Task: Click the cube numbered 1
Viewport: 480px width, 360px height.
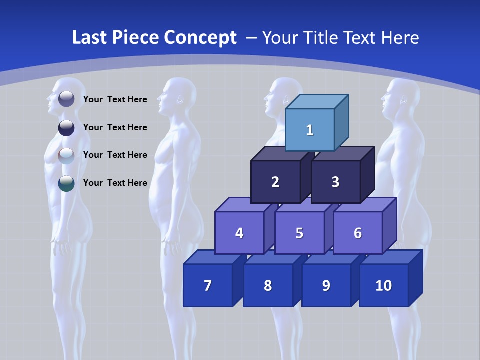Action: point(310,130)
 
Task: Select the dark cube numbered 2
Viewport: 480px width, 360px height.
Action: point(275,182)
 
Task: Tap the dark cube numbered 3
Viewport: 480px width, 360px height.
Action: point(335,182)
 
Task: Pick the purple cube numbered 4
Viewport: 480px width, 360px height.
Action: point(239,233)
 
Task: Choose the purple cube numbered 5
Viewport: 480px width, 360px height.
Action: point(299,233)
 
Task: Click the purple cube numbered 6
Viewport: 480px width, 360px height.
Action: point(358,233)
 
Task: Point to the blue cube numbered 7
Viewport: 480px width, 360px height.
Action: point(208,285)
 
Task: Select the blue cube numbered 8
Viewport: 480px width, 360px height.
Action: point(268,285)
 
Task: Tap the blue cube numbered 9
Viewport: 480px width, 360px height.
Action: point(326,285)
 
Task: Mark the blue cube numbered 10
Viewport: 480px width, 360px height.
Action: point(383,285)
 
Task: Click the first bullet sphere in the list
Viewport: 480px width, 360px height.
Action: point(66,99)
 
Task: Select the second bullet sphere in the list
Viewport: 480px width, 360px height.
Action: point(66,127)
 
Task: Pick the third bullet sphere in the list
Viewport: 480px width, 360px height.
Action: point(66,155)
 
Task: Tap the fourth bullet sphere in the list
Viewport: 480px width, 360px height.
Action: point(66,183)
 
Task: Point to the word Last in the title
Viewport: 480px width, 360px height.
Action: point(88,38)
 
